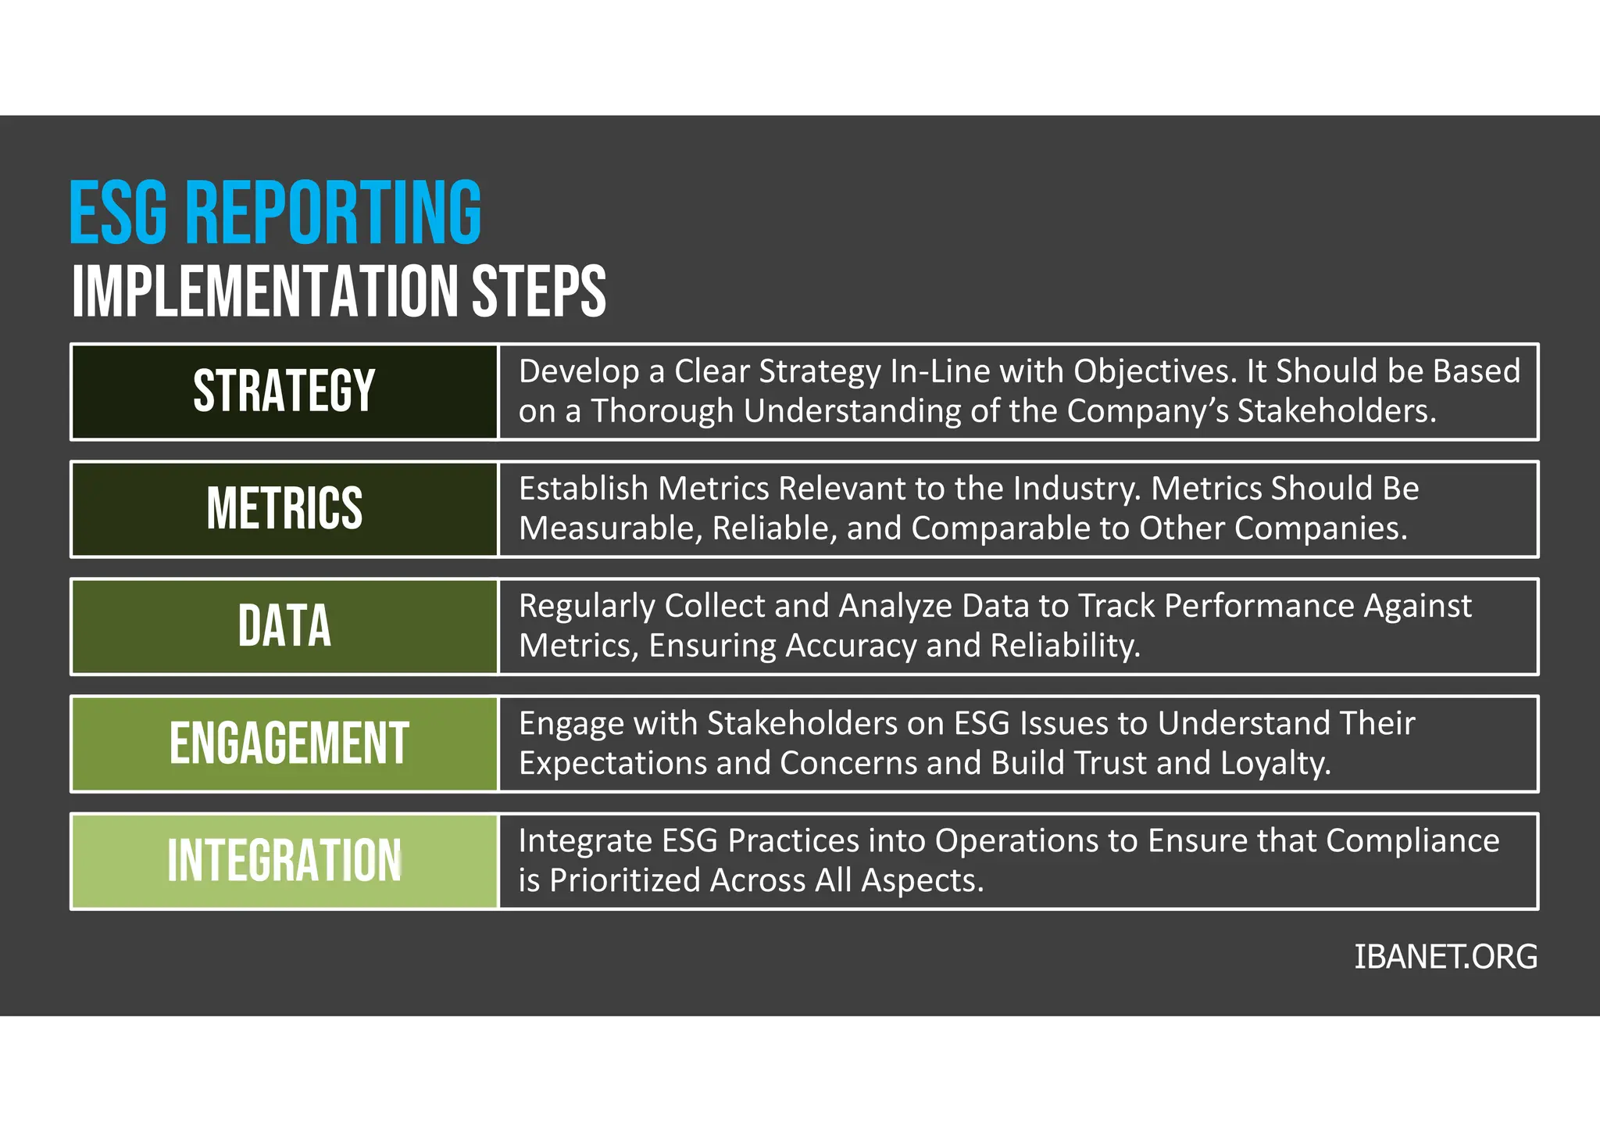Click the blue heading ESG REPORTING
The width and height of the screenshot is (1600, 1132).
tap(275, 213)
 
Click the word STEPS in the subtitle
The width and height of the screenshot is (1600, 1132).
tap(538, 292)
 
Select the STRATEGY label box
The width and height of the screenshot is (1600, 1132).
tap(284, 391)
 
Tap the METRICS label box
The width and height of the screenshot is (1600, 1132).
tap(284, 508)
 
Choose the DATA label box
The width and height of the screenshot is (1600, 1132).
tap(284, 626)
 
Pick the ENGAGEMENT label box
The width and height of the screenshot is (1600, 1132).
tap(284, 743)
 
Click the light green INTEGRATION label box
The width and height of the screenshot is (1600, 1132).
tap(284, 861)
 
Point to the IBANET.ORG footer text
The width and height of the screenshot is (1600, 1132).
tap(1445, 957)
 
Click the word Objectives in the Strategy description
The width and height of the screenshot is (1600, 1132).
tap(1155, 371)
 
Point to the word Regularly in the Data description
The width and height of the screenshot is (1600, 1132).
tap(586, 607)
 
